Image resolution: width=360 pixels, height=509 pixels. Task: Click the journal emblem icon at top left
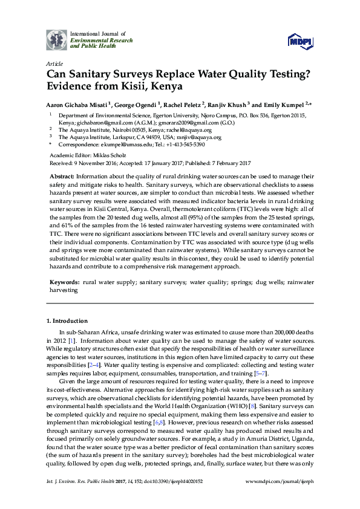[x=56, y=39]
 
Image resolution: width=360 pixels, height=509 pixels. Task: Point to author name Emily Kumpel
[x=283, y=105]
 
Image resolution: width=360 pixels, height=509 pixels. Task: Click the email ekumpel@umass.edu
[x=113, y=145]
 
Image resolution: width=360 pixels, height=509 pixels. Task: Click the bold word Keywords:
[x=65, y=282]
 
